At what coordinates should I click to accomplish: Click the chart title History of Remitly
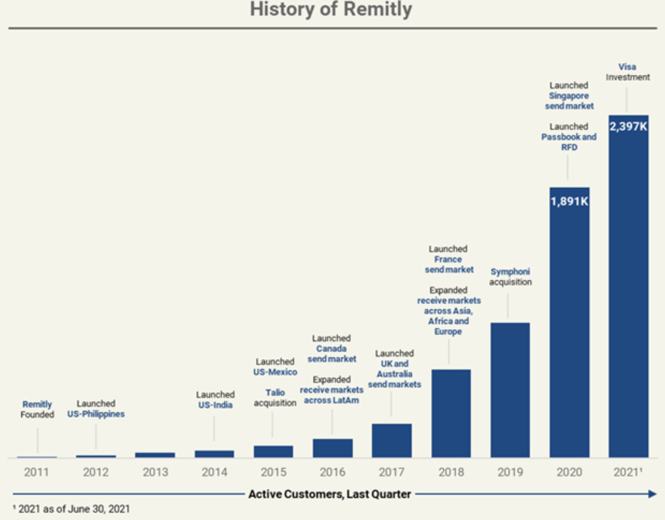tap(331, 10)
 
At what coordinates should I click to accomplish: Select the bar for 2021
tap(628, 286)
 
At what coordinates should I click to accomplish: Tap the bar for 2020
tap(569, 322)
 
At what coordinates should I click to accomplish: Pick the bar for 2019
tap(510, 390)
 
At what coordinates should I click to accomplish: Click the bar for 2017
tap(392, 441)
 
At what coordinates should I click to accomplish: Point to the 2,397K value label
tap(628, 127)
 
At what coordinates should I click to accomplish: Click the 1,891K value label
tap(569, 201)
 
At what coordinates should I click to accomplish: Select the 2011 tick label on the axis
tap(37, 472)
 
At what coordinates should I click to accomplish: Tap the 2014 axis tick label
tap(214, 472)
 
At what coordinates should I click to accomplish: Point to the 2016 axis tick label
tap(332, 472)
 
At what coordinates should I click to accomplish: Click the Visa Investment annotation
tap(628, 72)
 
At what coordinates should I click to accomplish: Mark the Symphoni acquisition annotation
tap(510, 277)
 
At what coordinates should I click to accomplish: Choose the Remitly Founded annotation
tap(37, 409)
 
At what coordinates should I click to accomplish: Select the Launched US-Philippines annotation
tap(96, 408)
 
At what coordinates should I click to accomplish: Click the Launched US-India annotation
tap(215, 399)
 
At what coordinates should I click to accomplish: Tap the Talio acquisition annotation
tap(274, 398)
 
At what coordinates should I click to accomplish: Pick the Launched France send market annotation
tap(449, 260)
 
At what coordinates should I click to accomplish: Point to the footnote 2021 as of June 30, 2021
tap(71, 509)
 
